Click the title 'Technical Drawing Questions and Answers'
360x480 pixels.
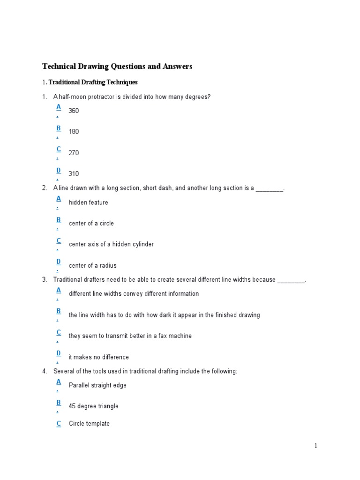117,67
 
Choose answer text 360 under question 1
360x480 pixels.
74,111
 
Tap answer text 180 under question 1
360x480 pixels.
74,132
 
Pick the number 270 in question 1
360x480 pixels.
74,153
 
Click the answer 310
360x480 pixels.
74,174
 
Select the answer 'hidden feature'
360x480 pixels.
88,202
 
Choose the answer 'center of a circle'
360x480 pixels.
91,223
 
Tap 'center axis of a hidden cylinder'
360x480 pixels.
111,244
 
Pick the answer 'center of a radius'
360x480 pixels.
92,265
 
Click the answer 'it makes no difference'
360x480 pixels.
98,357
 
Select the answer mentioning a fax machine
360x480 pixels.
130,336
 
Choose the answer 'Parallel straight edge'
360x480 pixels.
97,385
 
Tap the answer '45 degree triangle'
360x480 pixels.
93,406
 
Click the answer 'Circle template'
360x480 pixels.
89,424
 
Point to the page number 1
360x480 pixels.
316,446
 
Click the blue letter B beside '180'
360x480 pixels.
59,128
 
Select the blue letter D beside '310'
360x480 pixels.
59,170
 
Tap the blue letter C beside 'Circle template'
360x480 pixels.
59,423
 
